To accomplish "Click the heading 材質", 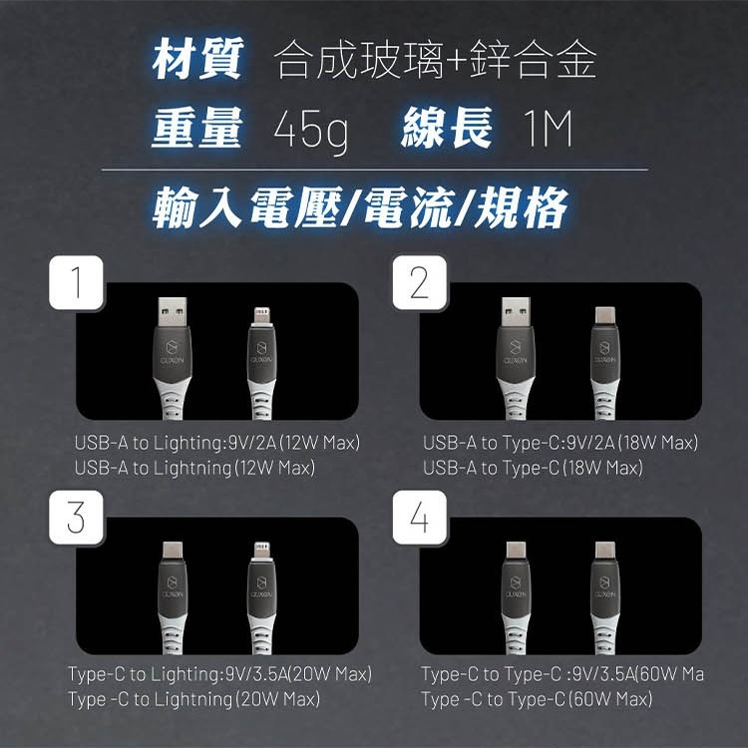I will (197, 62).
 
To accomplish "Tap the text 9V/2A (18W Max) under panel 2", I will (630, 442).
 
